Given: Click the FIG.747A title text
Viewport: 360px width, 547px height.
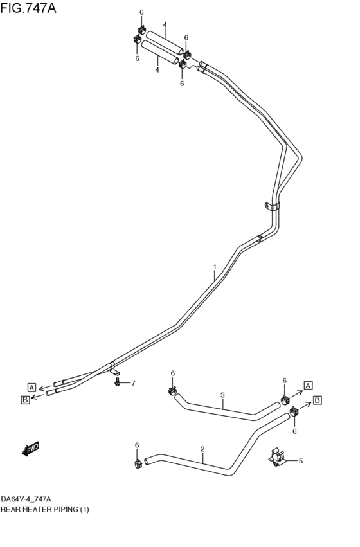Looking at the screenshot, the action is (x=28, y=8).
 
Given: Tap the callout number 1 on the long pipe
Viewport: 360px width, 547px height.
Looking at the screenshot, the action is (x=215, y=267).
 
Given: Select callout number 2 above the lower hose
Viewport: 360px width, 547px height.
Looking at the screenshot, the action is (x=203, y=449).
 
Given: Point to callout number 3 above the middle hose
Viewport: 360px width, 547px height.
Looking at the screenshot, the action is (x=222, y=395).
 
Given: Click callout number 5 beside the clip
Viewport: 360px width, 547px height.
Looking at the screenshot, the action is (x=301, y=461).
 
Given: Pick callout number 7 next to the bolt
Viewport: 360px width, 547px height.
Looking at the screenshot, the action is (x=133, y=383).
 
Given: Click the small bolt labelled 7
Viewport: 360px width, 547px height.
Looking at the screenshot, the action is (x=117, y=382).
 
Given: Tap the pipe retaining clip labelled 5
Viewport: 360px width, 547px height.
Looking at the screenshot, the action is (x=278, y=458).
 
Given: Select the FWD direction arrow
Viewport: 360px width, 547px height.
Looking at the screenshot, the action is (x=31, y=448).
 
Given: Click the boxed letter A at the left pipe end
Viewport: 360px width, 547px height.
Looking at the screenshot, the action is (x=32, y=387).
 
